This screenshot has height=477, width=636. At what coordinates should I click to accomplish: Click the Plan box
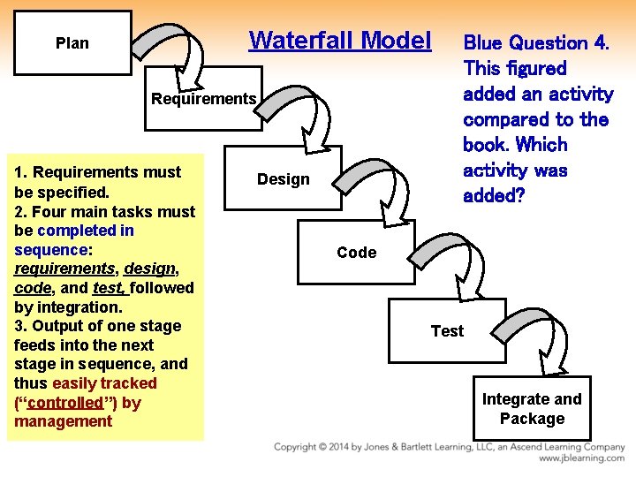coord(72,42)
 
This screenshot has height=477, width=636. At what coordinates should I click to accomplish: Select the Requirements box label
coord(203,99)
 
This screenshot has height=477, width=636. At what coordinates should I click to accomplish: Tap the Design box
coord(283,179)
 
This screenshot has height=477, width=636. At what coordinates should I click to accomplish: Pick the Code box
coord(356,253)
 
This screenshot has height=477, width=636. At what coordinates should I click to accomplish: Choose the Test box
coord(447,331)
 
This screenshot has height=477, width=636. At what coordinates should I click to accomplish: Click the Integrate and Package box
coord(532,409)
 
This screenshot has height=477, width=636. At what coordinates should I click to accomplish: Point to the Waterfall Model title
coord(340,41)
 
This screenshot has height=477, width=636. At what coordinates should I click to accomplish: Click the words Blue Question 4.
coord(536,42)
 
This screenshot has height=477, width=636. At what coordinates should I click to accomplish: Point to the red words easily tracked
coord(104,383)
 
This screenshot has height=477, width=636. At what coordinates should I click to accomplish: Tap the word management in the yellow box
coord(64,421)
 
